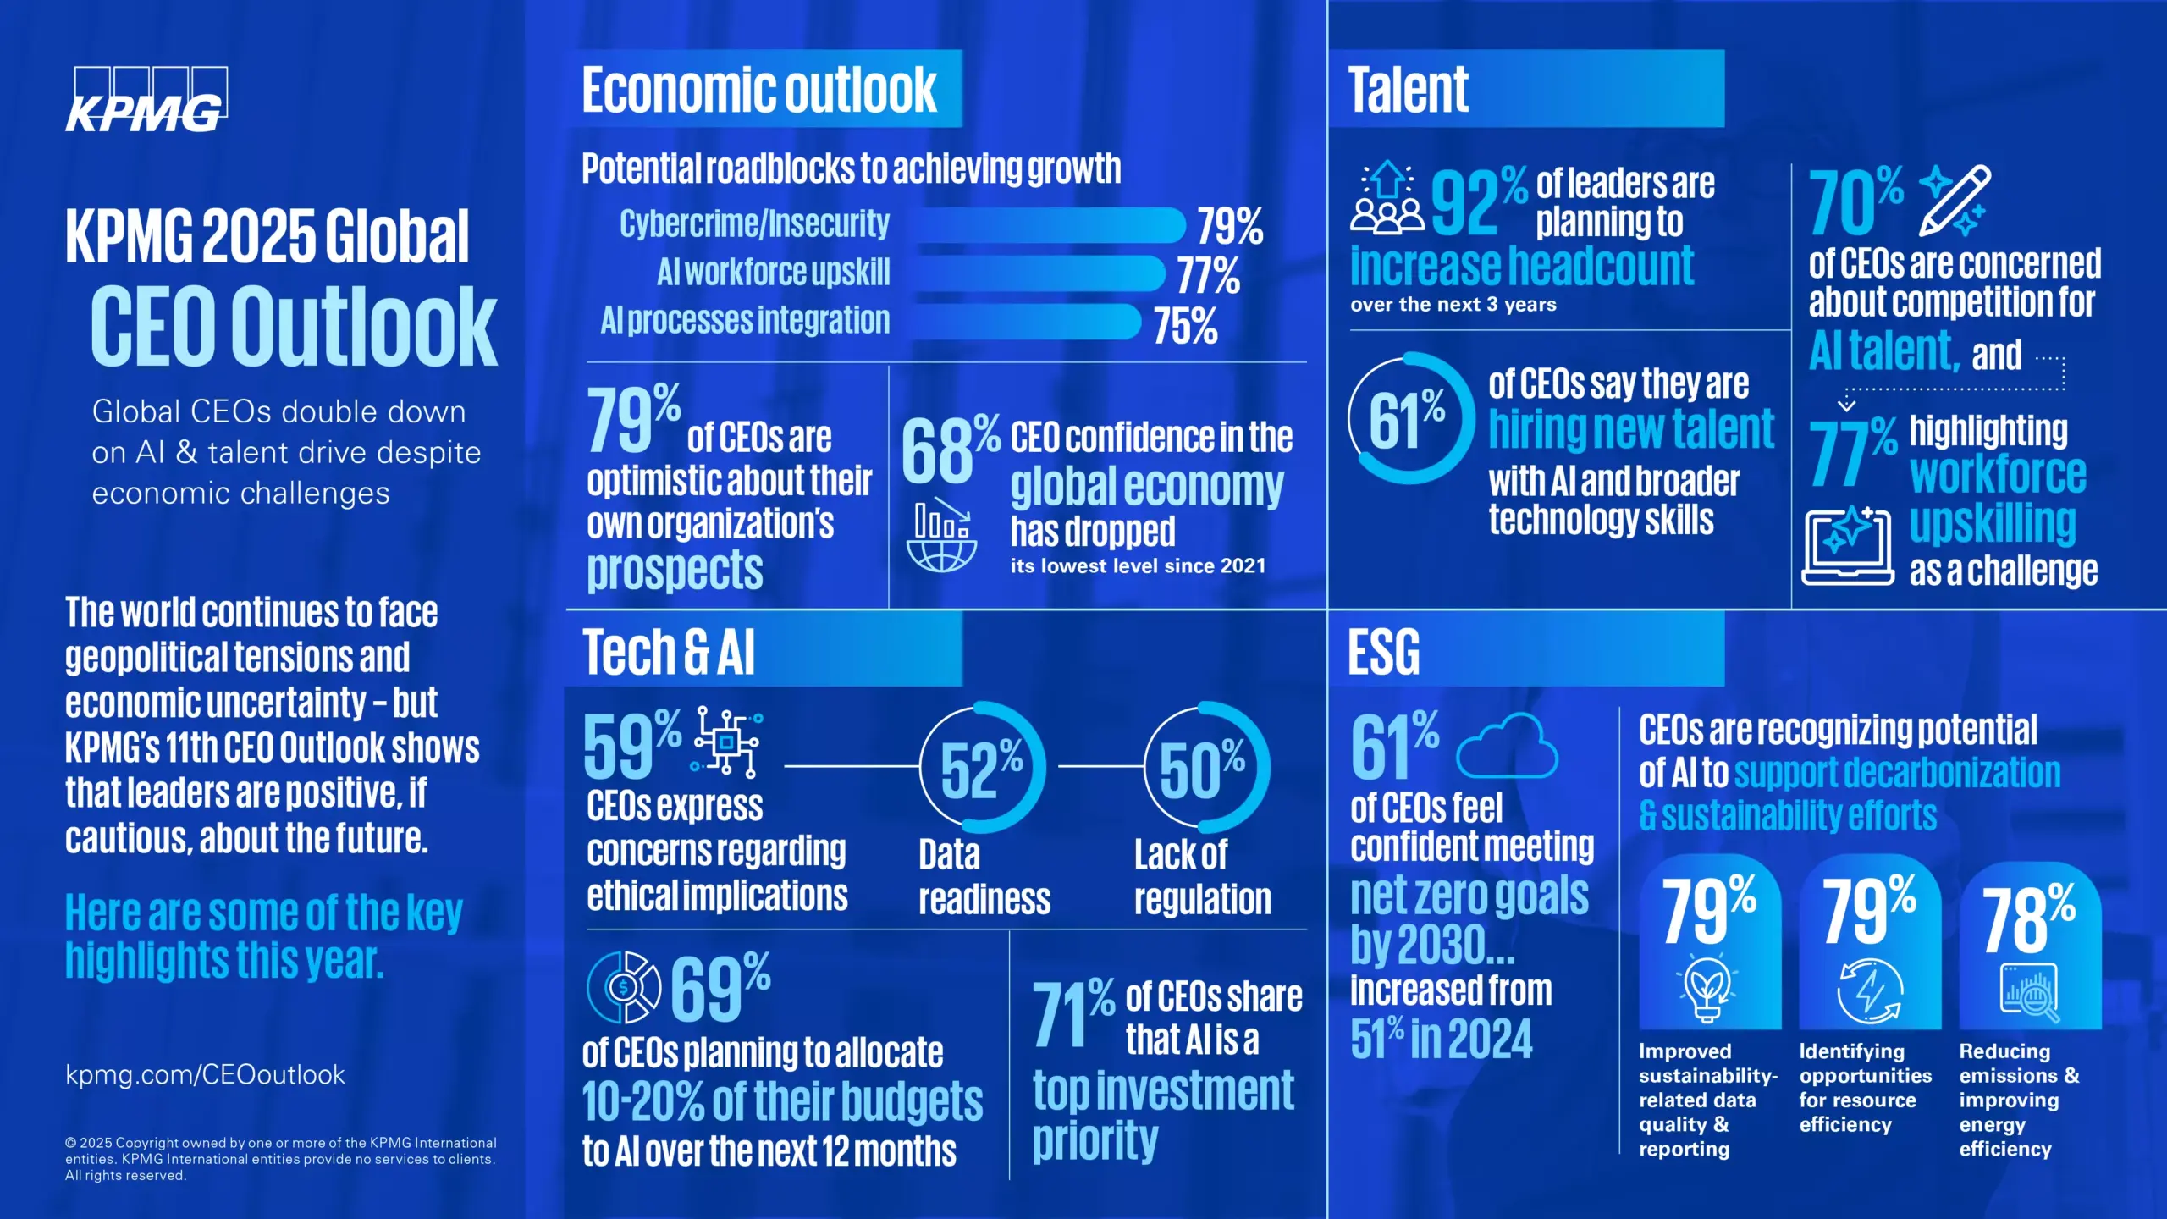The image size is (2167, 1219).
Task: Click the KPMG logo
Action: coord(146,100)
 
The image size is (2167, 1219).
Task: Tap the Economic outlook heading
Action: coord(759,90)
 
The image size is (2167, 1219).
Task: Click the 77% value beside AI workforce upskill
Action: coord(1209,275)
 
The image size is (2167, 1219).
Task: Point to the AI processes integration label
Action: coord(745,321)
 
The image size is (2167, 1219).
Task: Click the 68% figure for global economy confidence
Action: coord(948,450)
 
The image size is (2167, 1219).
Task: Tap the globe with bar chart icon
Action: coord(941,537)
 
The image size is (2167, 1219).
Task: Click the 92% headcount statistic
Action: coord(1478,201)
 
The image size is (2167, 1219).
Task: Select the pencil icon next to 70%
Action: coord(1954,200)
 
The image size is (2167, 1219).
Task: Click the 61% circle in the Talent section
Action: coord(1409,418)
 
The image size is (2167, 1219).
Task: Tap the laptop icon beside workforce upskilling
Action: coord(1847,546)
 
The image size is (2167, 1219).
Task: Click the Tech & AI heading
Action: coord(668,653)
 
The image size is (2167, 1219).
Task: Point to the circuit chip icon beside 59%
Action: coord(727,742)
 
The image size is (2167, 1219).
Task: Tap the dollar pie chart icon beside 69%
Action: coord(624,987)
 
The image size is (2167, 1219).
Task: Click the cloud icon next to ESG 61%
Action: coord(1507,746)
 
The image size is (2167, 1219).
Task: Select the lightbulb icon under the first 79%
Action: coord(1707,989)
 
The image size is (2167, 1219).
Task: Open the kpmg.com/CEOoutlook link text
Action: coord(205,1074)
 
